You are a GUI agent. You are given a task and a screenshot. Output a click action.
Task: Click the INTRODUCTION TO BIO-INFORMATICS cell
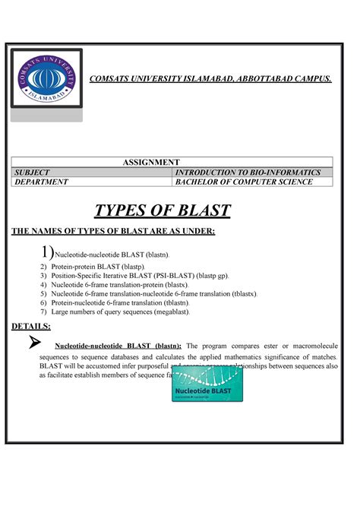pos(248,172)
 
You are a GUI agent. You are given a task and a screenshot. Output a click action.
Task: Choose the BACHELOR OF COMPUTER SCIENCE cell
pos(244,182)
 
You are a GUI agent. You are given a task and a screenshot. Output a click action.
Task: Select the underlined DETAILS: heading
pos(31,325)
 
